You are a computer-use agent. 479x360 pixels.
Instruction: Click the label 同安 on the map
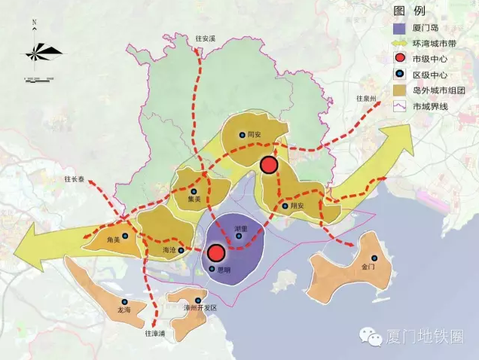coord(254,136)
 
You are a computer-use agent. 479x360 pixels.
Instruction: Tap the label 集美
coord(194,200)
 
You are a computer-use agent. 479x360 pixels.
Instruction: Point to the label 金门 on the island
coord(368,267)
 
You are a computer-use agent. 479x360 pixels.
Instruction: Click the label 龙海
coord(124,310)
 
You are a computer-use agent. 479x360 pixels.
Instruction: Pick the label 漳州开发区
coord(200,308)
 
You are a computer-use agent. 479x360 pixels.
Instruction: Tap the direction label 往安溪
coord(205,38)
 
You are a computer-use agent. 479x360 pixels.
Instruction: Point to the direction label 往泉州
coord(370,99)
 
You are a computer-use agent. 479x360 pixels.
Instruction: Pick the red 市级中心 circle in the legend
coord(401,59)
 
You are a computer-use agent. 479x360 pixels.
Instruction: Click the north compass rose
coord(41,53)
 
